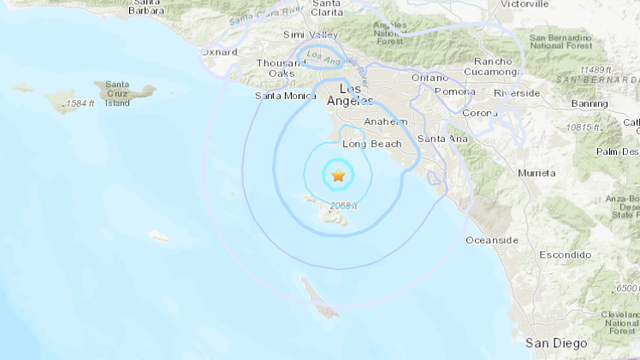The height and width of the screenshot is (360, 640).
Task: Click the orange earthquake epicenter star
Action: (339, 176)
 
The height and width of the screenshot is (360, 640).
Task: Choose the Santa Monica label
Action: (285, 96)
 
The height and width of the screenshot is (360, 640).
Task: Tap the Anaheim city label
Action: (386, 121)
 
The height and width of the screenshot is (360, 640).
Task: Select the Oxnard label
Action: (218, 52)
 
